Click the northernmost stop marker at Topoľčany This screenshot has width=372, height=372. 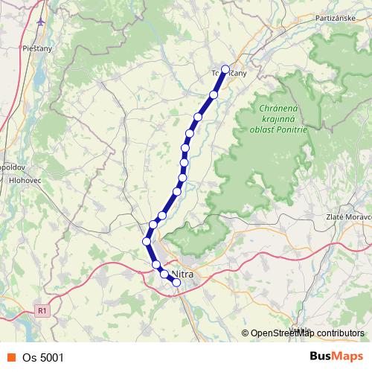225,69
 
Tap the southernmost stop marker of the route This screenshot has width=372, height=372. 176,282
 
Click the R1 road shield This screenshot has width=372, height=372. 42,311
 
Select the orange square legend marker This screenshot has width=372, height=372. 10,357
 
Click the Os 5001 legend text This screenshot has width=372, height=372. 42,357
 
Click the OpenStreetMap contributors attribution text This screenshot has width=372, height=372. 307,333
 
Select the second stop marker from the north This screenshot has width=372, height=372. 214,94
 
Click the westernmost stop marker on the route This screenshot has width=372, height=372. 147,240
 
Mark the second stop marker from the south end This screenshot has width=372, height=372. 164,274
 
